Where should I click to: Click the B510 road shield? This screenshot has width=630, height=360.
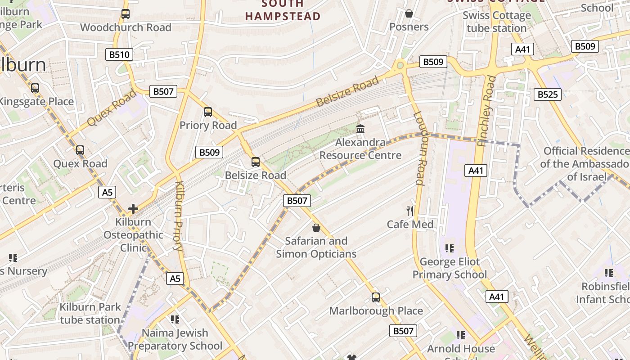tap(119, 55)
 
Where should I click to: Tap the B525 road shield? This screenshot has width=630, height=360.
tap(548, 94)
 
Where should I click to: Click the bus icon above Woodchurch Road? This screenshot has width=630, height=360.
tap(126, 14)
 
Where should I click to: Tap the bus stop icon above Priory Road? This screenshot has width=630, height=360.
tap(208, 112)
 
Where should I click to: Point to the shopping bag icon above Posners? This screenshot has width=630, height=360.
tap(409, 14)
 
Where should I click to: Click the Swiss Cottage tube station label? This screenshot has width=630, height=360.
tap(497, 22)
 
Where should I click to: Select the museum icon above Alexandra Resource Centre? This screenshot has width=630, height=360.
tap(360, 129)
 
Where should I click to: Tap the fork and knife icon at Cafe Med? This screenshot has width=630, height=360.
tap(410, 211)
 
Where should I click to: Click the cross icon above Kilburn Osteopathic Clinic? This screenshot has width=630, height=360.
tap(133, 209)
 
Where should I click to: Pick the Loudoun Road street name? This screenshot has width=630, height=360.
tap(419, 148)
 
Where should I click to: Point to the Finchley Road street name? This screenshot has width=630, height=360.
tap(487, 111)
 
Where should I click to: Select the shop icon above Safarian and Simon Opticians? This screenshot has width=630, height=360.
tap(316, 228)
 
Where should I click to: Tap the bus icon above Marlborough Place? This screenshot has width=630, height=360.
tap(376, 297)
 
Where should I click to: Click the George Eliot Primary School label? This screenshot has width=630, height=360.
tap(450, 268)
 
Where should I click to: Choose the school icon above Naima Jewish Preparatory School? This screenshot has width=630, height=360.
tap(175, 319)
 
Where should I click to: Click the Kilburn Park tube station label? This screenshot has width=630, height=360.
tap(90, 314)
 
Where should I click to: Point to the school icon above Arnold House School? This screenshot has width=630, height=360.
tap(461, 335)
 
